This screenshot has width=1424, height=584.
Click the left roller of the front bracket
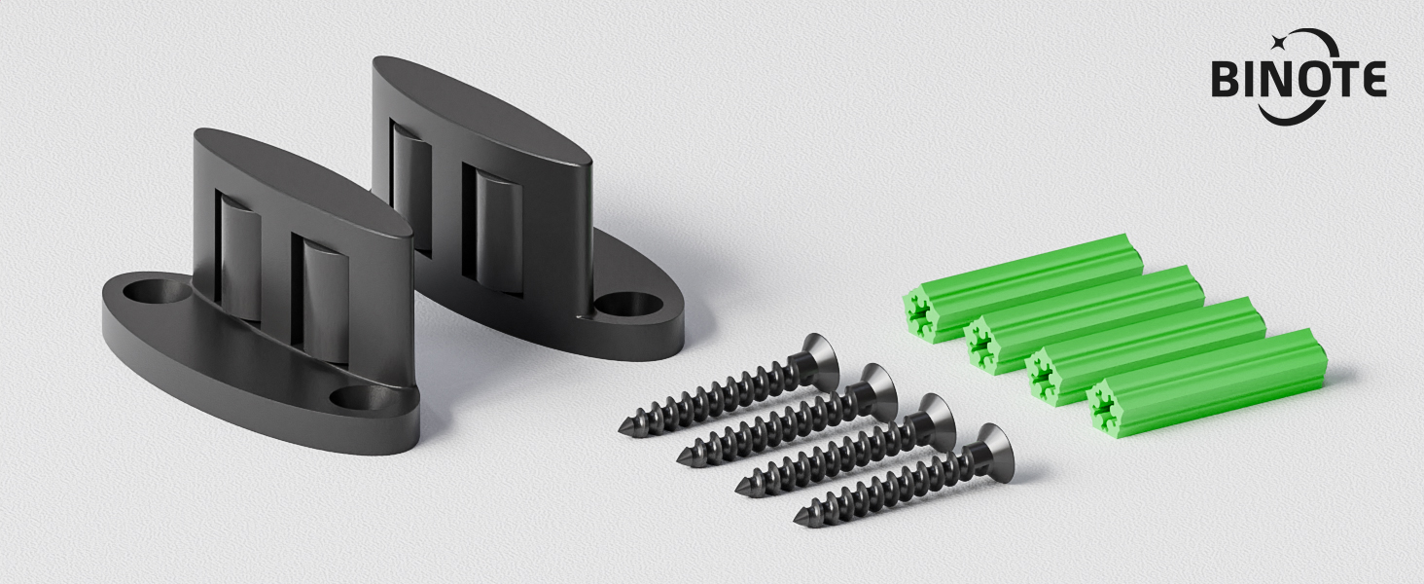[239, 253]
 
